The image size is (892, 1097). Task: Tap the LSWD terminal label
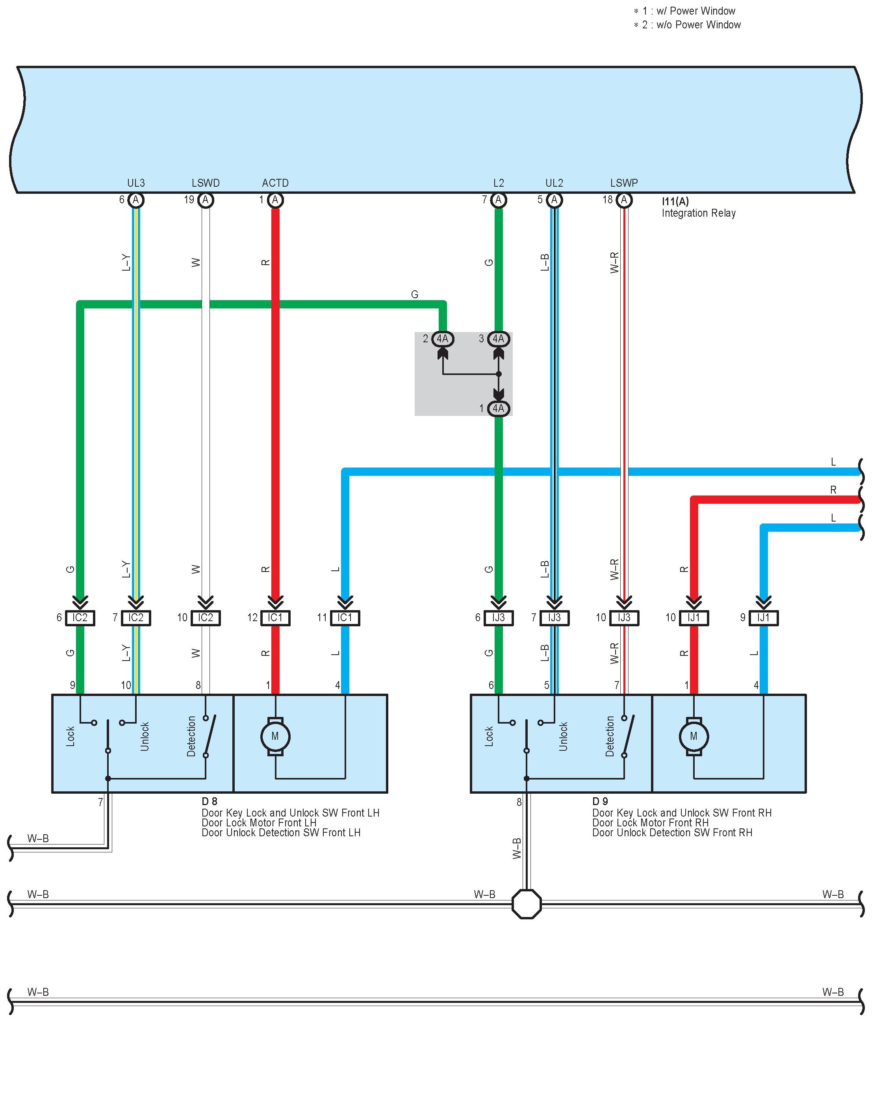(206, 183)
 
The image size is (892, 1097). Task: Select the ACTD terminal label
(275, 183)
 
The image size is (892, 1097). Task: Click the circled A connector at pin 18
(624, 200)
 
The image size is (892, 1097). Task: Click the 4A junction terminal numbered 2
(442, 339)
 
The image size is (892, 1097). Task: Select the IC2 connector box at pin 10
(206, 618)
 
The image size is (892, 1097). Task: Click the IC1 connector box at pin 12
(275, 618)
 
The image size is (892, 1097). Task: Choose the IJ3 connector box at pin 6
(499, 618)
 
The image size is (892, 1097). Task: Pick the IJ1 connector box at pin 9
(764, 618)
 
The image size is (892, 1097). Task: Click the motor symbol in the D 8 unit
(275, 736)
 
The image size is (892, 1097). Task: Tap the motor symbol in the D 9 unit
(694, 736)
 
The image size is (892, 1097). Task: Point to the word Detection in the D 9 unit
(610, 736)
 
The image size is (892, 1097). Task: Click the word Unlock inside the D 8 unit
(145, 736)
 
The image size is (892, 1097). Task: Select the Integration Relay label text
(698, 213)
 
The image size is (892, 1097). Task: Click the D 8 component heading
(209, 801)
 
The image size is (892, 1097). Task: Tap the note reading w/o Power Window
(691, 25)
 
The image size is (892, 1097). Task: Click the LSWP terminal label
(624, 183)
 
